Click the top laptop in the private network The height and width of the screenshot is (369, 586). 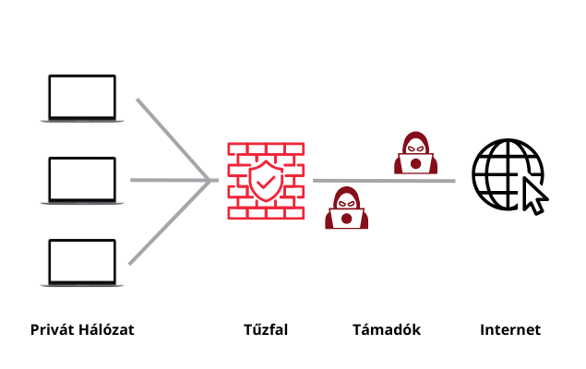pyautogui.click(x=82, y=98)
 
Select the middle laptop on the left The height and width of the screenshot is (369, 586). pyautogui.click(x=82, y=181)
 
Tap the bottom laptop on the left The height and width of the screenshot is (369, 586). pyautogui.click(x=82, y=263)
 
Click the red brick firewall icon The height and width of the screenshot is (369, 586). pyautogui.click(x=266, y=181)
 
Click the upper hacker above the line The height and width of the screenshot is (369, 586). pyautogui.click(x=415, y=152)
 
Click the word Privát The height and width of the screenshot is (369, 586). pyautogui.click(x=52, y=329)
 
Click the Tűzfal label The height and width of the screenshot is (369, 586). pyautogui.click(x=266, y=329)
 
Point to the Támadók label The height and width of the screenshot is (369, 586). pyautogui.click(x=387, y=329)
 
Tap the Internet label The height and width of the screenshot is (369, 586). pyautogui.click(x=509, y=329)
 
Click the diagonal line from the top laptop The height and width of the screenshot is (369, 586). pyautogui.click(x=171, y=138)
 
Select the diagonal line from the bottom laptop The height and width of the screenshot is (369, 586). pyautogui.click(x=166, y=223)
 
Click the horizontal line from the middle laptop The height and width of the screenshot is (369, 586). pyautogui.click(x=166, y=181)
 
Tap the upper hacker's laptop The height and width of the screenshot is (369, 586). pyautogui.click(x=416, y=164)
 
